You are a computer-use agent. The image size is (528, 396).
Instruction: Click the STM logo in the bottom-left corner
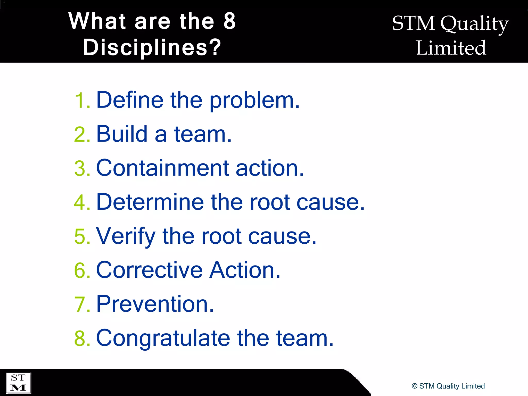pyautogui.click(x=18, y=383)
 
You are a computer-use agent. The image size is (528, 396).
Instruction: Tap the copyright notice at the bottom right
pyautogui.click(x=448, y=386)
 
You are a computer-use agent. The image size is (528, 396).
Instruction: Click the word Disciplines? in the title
pyautogui.click(x=152, y=47)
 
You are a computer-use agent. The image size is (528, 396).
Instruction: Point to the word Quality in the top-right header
pyautogui.click(x=474, y=24)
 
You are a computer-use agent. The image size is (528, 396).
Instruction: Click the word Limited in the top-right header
pyautogui.click(x=451, y=48)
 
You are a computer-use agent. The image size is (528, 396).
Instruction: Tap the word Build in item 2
pyautogui.click(x=122, y=134)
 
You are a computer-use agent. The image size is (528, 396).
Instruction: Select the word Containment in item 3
pyautogui.click(x=162, y=168)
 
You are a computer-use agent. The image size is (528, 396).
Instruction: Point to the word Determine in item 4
pyautogui.click(x=150, y=202)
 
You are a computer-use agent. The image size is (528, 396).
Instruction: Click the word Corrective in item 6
pyautogui.click(x=150, y=270)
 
